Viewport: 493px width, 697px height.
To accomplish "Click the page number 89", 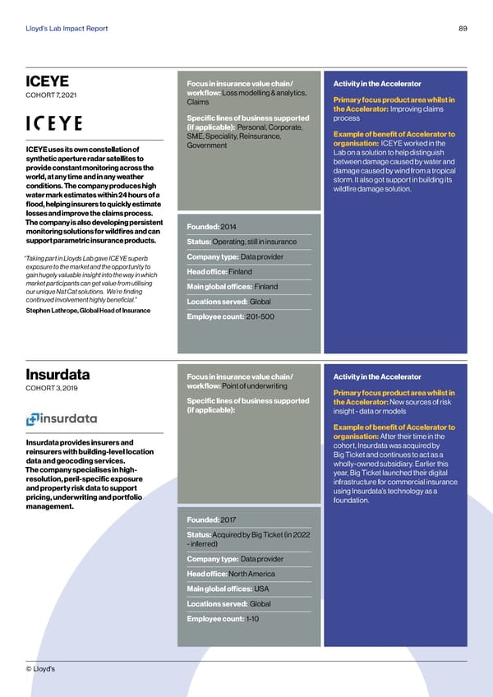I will pyautogui.click(x=463, y=29).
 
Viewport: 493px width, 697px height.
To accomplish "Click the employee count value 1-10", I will pyautogui.click(x=253, y=619).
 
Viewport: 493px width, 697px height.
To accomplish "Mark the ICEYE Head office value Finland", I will pyautogui.click(x=241, y=272).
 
